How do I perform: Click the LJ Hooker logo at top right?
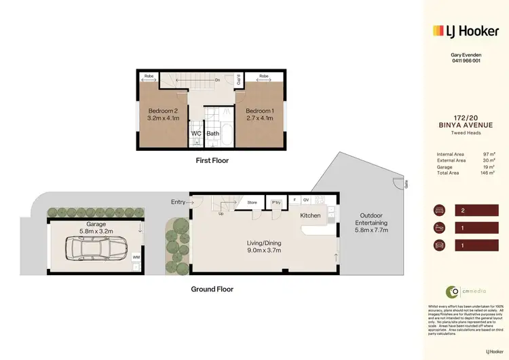point(465,31)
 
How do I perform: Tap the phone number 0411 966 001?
point(466,60)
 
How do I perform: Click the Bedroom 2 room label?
point(162,115)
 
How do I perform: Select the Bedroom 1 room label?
point(259,115)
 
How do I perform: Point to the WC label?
point(196,134)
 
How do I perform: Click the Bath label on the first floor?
point(213,134)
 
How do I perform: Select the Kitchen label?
point(310,215)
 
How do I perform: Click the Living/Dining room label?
point(264,247)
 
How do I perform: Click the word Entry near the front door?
point(178,202)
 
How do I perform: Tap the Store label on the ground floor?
point(252,202)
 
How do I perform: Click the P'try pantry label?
point(276,202)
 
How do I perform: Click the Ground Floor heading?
point(212,289)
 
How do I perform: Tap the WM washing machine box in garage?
point(136,257)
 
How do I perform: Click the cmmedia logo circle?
point(452,292)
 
